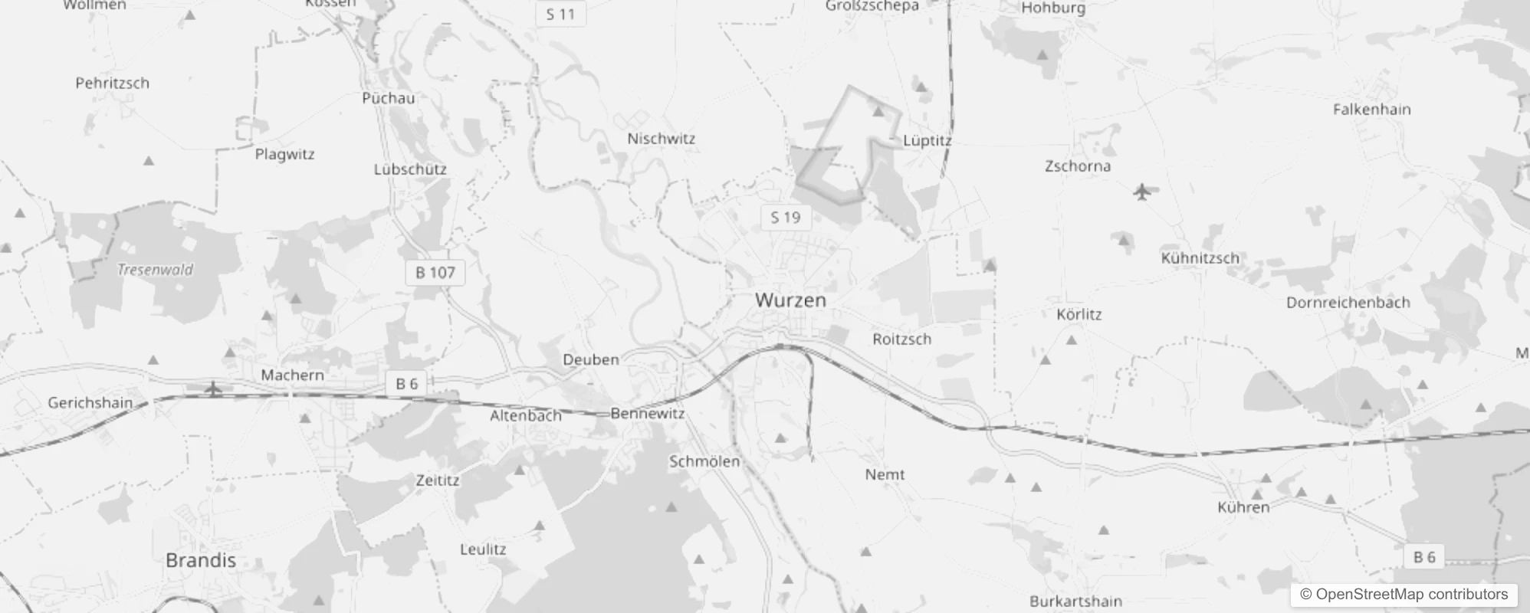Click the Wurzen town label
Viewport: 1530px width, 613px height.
tap(790, 300)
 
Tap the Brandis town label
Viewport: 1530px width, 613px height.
tap(201, 560)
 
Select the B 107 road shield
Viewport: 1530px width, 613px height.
tap(435, 272)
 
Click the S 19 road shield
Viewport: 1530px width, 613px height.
tap(785, 218)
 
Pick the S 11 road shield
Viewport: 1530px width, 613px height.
tap(560, 14)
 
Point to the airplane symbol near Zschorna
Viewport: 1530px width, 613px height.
tap(1142, 191)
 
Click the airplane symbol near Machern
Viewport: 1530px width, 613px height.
tap(213, 389)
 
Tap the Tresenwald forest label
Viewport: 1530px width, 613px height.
tap(156, 270)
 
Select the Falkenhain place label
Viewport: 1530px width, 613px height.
tap(1371, 110)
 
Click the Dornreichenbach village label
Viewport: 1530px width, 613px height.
tap(1348, 303)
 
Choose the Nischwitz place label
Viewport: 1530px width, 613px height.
tap(661, 139)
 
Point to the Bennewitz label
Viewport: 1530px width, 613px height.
tap(648, 414)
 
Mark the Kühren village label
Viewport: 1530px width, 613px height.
tap(1243, 507)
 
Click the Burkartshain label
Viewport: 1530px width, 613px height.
tap(1075, 602)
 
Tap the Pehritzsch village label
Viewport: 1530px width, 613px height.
tap(113, 84)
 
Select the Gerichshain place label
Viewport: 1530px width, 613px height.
tap(90, 403)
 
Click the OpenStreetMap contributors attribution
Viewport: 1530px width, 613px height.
tap(1404, 595)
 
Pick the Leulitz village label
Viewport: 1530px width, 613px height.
tap(483, 549)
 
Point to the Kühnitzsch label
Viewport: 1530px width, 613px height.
tap(1200, 258)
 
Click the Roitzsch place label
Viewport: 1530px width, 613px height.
tap(902, 339)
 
